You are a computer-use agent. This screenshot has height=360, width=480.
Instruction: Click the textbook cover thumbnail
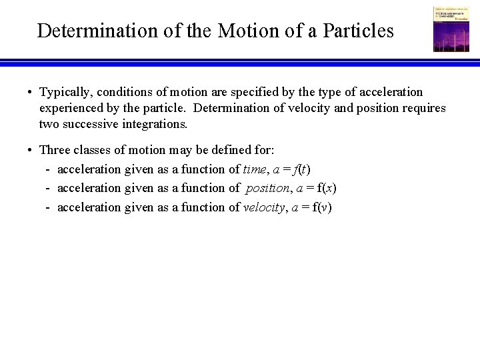click(x=451, y=29)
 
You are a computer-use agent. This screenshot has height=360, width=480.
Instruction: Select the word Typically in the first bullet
click(x=64, y=92)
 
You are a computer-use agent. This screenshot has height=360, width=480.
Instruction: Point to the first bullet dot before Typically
click(x=31, y=93)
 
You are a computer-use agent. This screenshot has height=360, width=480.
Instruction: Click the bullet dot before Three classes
click(x=31, y=150)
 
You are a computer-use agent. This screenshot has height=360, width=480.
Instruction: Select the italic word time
click(x=255, y=169)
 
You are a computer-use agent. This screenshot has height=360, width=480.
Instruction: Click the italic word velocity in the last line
click(x=264, y=207)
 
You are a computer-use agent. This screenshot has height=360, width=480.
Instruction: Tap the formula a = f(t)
click(x=292, y=169)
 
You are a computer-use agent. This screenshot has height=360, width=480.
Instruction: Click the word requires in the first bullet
click(x=422, y=108)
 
